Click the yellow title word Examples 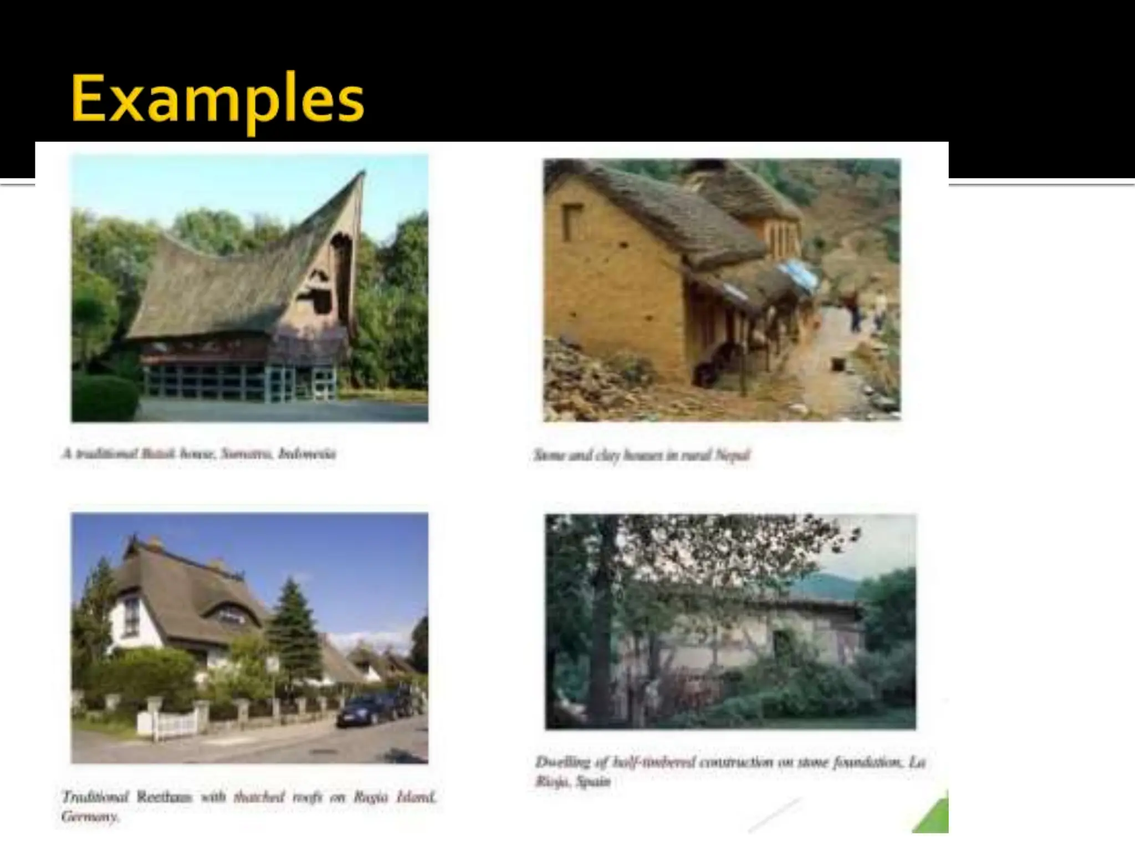217,100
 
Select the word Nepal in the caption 732,455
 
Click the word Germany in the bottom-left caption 89,817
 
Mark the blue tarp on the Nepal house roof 798,277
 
